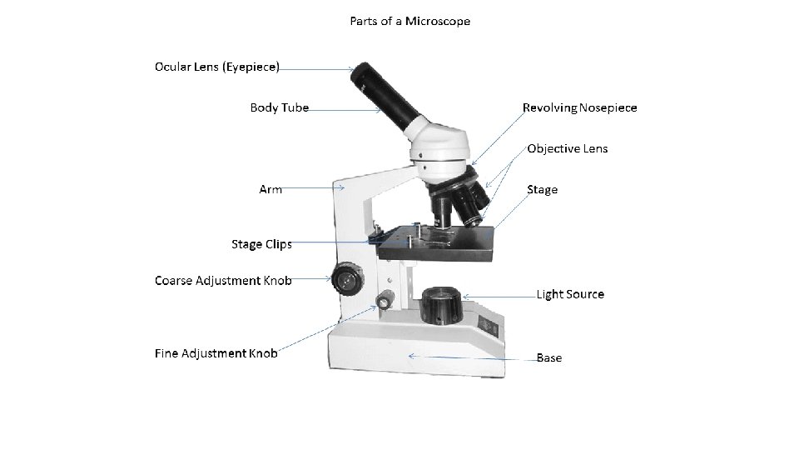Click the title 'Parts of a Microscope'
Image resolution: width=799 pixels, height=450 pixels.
pos(409,21)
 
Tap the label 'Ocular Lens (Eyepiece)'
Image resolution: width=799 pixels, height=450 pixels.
pos(217,66)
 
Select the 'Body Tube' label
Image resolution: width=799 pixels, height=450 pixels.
pos(279,107)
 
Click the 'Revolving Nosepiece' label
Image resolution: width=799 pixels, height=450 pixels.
pos(579,107)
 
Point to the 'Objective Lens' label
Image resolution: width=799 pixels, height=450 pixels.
pos(567,148)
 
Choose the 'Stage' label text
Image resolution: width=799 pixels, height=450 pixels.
pos(542,189)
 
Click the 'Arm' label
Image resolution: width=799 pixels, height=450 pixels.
pos(270,189)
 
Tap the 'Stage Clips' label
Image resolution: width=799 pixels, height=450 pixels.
pos(261,244)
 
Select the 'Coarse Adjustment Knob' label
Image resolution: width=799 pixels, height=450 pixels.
pos(223,280)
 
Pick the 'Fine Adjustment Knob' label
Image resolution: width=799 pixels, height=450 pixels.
pos(216,352)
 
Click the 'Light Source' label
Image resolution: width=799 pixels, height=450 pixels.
pos(570,294)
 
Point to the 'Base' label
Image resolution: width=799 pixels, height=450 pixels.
pos(548,357)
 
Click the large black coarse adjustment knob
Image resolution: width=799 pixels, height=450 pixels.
pos(345,278)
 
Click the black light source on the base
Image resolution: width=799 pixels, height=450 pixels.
pos(442,305)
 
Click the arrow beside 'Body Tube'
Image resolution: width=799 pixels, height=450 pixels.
pos(345,108)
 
